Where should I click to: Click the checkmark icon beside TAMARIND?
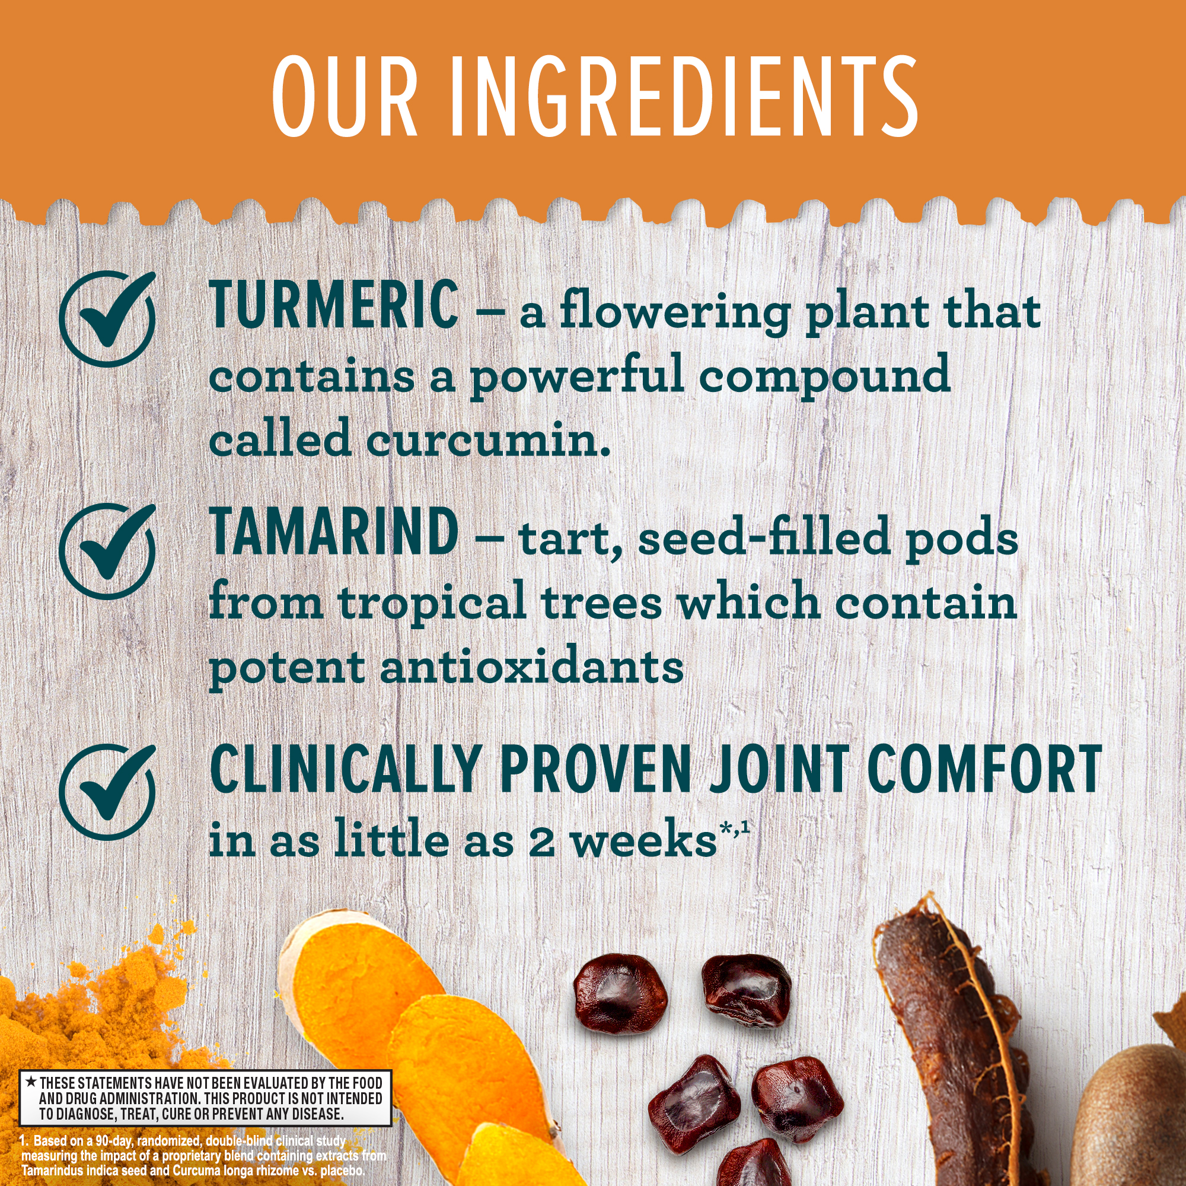pyautogui.click(x=108, y=550)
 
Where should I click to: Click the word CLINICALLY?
pyautogui.click(x=345, y=770)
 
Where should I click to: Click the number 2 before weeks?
pyautogui.click(x=541, y=841)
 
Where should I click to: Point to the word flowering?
pyautogui.click(x=674, y=314)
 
